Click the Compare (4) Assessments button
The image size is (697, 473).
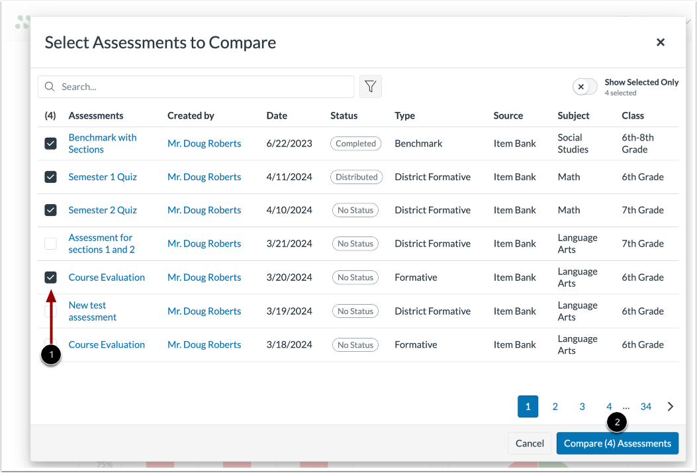618,443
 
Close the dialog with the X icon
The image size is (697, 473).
660,42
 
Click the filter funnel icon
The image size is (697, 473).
371,87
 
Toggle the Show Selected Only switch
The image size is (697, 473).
584,87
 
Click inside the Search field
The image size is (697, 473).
199,87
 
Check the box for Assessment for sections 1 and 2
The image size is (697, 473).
50,244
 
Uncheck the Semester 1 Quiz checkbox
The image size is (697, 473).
50,177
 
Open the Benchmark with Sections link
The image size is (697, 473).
103,143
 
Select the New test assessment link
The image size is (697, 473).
93,311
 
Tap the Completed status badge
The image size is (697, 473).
355,144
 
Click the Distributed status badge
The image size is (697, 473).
356,177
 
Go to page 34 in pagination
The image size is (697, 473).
646,407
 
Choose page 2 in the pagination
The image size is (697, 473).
555,407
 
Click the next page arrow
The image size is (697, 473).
671,407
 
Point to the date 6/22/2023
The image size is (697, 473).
289,144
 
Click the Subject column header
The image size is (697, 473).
573,115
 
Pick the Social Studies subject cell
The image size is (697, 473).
573,143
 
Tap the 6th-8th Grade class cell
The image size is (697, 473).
637,143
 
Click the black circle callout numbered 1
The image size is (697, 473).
51,354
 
